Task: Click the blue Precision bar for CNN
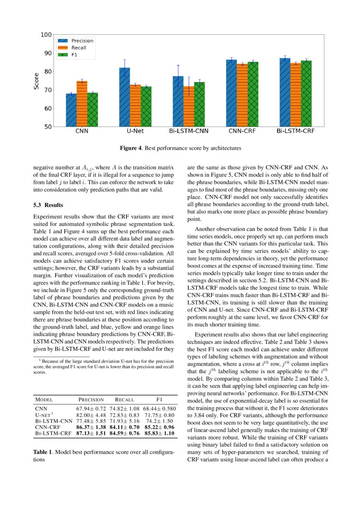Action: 71,110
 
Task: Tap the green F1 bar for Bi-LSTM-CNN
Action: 199,104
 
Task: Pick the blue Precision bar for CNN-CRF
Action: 231,93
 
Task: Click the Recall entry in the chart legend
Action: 78,48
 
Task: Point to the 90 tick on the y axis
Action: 46,53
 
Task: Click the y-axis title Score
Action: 37,81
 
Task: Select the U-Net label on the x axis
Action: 135,130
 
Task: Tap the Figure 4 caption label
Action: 131,148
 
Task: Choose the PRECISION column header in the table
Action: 91,399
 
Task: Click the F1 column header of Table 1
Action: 159,399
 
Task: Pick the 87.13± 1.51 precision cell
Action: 91,434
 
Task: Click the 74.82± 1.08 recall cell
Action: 124,409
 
